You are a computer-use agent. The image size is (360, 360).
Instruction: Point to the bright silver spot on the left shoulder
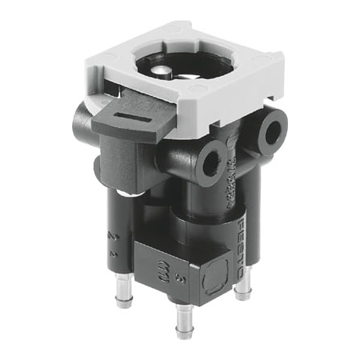pos(125,194)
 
